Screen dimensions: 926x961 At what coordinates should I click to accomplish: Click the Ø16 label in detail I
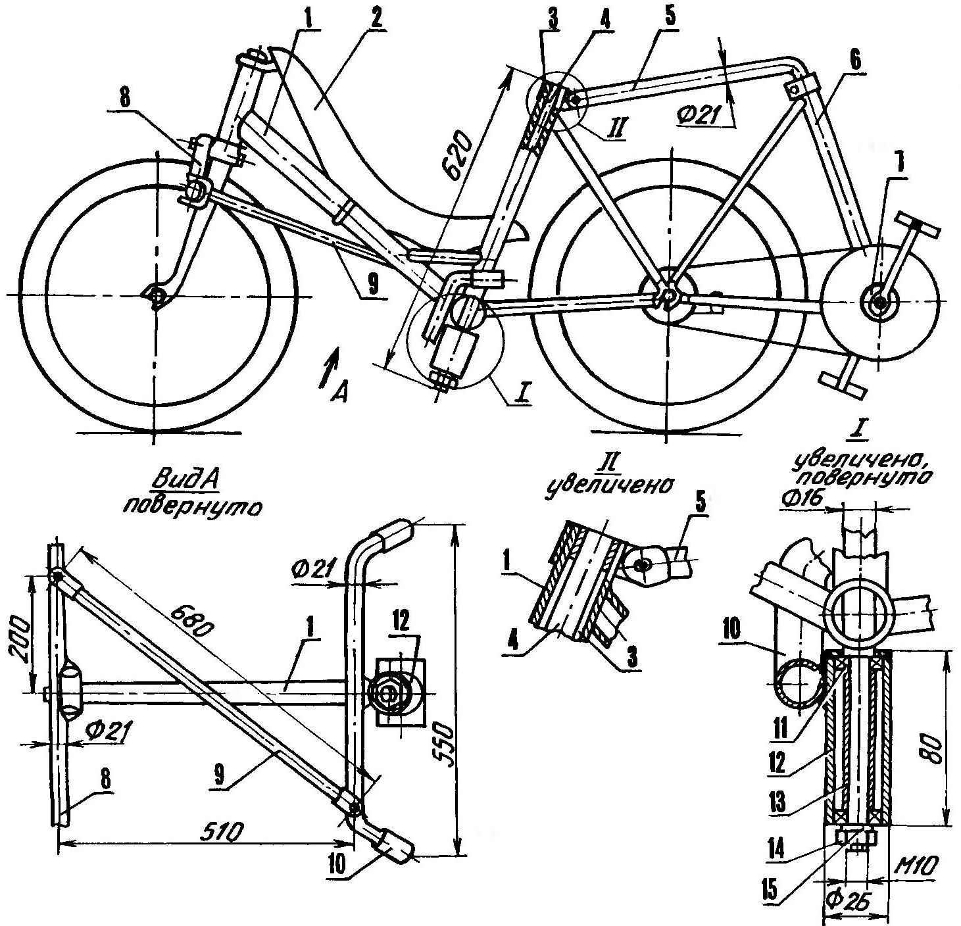click(x=802, y=500)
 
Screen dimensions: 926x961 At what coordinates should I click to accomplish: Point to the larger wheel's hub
click(x=667, y=297)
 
